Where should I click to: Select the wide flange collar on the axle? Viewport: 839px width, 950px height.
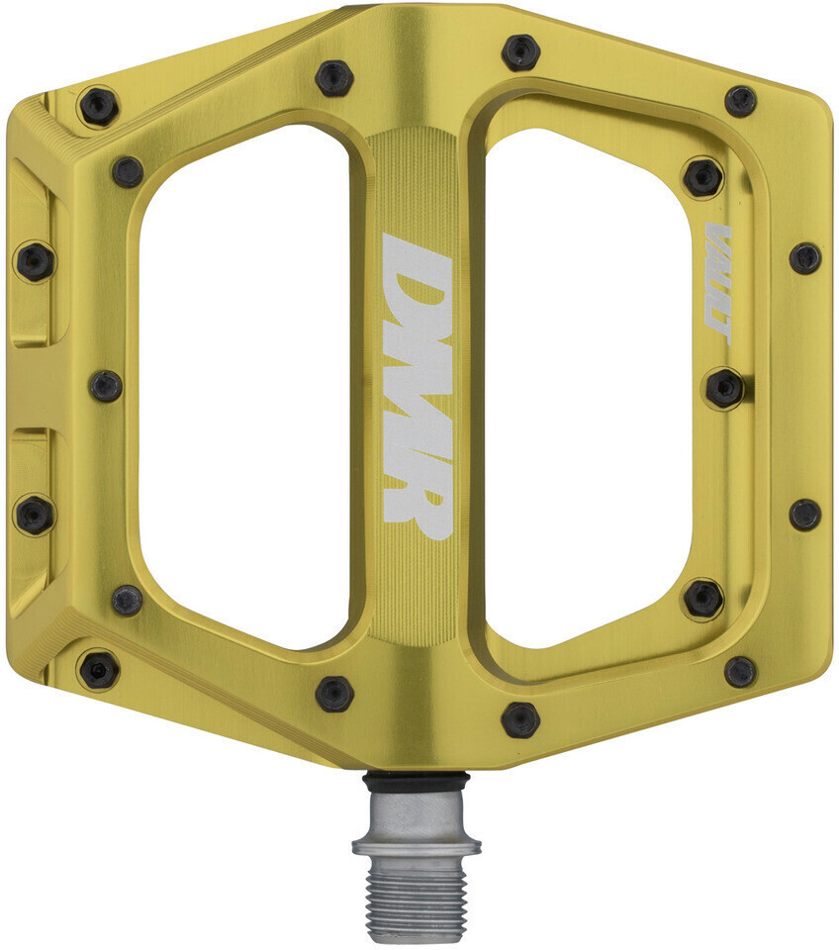(417, 847)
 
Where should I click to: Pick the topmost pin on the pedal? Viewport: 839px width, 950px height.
(520, 51)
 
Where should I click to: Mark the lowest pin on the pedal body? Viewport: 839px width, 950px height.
(520, 718)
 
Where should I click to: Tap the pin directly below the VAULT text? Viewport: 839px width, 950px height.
(724, 387)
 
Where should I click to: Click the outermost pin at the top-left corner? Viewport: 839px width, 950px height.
(99, 106)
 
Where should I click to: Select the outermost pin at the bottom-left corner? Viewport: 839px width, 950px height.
(99, 670)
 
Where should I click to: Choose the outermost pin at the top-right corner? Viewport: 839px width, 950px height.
(740, 100)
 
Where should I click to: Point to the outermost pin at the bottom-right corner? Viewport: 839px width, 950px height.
(740, 672)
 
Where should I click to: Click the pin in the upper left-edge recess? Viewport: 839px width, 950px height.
(35, 260)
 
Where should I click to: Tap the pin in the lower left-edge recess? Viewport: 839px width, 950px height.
(35, 514)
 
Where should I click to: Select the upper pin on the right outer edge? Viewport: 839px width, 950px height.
(804, 258)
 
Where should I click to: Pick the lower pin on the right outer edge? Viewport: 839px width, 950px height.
(804, 514)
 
